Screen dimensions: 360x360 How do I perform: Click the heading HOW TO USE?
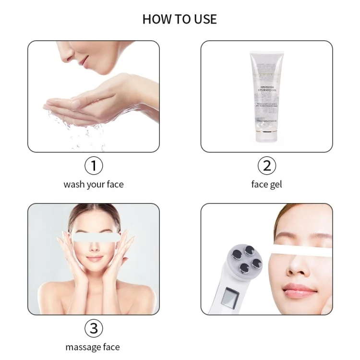click(x=180, y=19)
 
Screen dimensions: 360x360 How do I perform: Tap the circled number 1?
click(x=94, y=166)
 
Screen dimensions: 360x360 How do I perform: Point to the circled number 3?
click(x=94, y=328)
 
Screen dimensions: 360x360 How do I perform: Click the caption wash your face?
click(x=94, y=184)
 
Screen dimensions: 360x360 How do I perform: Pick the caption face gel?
click(x=266, y=184)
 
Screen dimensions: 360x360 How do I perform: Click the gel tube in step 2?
click(x=263, y=96)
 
